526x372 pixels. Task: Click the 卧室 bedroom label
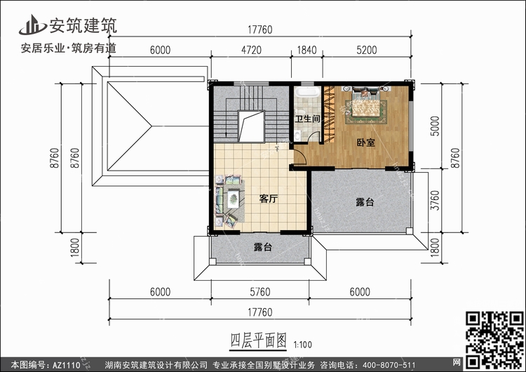(365, 142)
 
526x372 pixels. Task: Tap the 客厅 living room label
(269, 199)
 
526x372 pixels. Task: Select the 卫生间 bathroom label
(307, 119)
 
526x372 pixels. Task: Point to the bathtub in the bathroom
(308, 92)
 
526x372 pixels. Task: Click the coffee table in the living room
(233, 199)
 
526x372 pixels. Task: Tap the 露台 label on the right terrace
(365, 202)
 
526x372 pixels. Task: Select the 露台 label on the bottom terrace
(263, 247)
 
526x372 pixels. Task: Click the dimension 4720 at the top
(251, 50)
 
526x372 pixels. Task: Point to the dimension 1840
(306, 50)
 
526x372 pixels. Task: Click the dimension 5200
(367, 50)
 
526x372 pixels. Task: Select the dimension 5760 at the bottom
(260, 292)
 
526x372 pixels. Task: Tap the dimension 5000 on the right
(435, 126)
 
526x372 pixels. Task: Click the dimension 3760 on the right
(435, 201)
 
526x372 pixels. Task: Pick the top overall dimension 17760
(260, 29)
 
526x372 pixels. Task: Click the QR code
(494, 340)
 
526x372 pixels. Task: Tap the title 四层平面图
(258, 341)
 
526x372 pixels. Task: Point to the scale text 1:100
(302, 345)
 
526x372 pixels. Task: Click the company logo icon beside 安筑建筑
(32, 25)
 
